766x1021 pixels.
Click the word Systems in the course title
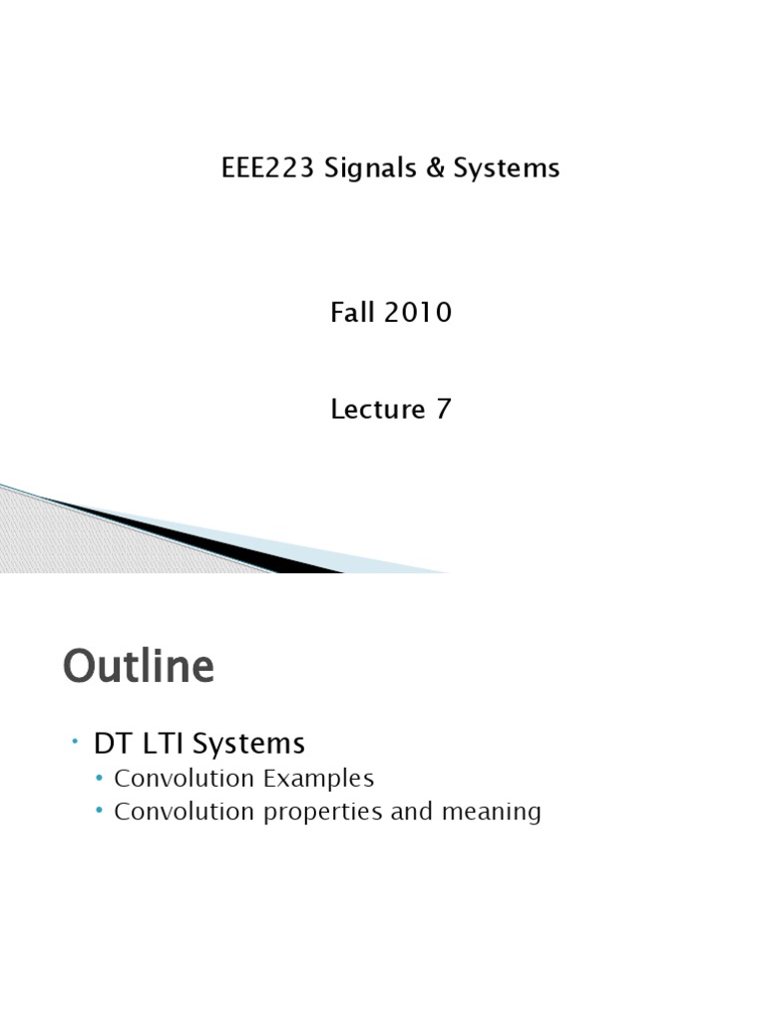[x=506, y=169]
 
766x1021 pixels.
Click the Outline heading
[x=139, y=667]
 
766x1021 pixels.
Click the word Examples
[x=320, y=778]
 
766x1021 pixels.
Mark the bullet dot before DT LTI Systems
[x=75, y=742]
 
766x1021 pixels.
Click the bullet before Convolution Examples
[x=100, y=778]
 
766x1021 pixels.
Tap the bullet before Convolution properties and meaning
[x=100, y=812]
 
